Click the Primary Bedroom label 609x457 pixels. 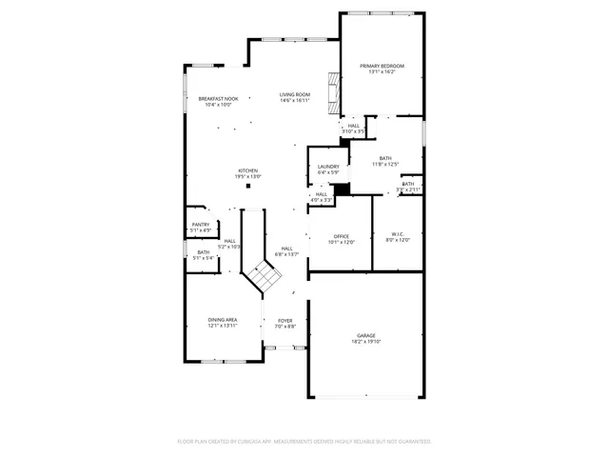[382, 66]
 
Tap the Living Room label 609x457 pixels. [295, 94]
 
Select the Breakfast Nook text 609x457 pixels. [218, 99]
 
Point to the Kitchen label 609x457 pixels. [247, 171]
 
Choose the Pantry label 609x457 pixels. [201, 225]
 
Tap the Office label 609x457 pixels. [342, 236]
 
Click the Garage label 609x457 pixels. [366, 335]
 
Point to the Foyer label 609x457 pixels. [285, 321]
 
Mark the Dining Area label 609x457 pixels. [223, 320]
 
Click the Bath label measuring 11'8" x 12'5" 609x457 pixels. [385, 158]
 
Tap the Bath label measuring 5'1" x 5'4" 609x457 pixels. [203, 252]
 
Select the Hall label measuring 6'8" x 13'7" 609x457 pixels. [286, 248]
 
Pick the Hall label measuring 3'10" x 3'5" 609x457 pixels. [354, 126]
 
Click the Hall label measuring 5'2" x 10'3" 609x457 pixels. [229, 241]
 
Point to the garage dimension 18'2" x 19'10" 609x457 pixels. [366, 341]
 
